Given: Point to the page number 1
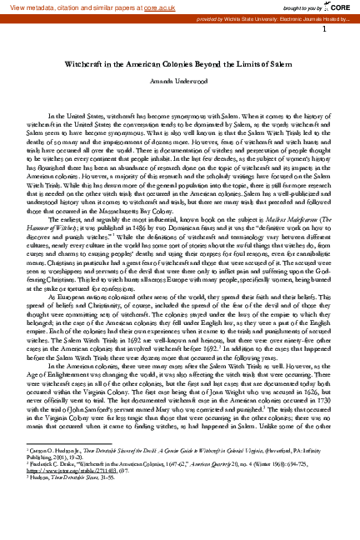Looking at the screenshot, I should point(333,28).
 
